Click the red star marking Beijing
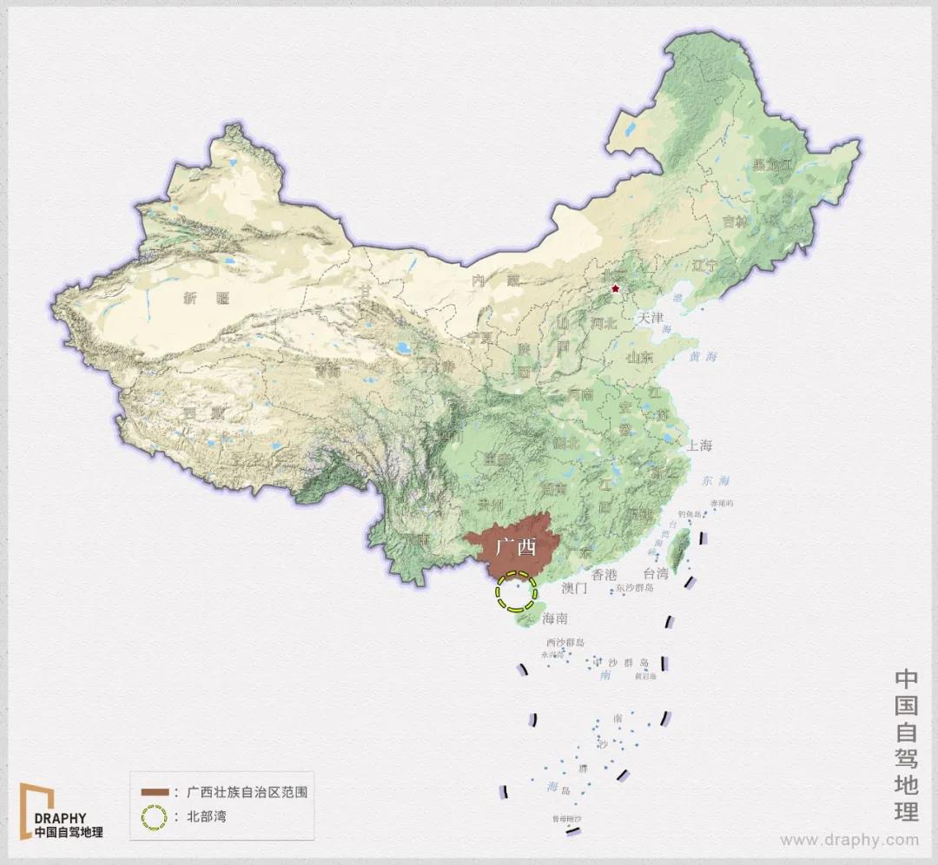(x=616, y=287)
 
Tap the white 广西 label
(x=516, y=549)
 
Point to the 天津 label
(x=651, y=318)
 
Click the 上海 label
(x=699, y=446)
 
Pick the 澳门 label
(x=575, y=588)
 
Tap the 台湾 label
(x=656, y=574)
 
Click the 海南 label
(x=554, y=619)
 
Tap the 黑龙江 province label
(x=773, y=164)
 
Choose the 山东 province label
(x=640, y=357)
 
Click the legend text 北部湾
(x=207, y=817)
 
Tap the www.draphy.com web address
(x=849, y=840)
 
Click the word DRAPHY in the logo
(x=60, y=818)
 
